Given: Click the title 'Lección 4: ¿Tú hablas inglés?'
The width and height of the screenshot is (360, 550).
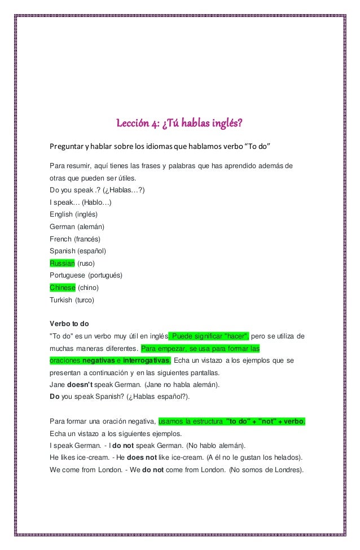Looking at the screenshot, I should point(179,123).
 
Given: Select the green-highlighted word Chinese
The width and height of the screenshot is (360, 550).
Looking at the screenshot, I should point(62,288).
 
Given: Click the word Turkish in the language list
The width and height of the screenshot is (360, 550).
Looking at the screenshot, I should point(61,300).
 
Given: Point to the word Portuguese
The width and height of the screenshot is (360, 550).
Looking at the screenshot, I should point(69,275).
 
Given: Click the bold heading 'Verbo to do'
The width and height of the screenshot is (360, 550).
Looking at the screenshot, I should point(69,324).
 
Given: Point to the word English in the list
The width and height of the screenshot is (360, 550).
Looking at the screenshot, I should point(61,214).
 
